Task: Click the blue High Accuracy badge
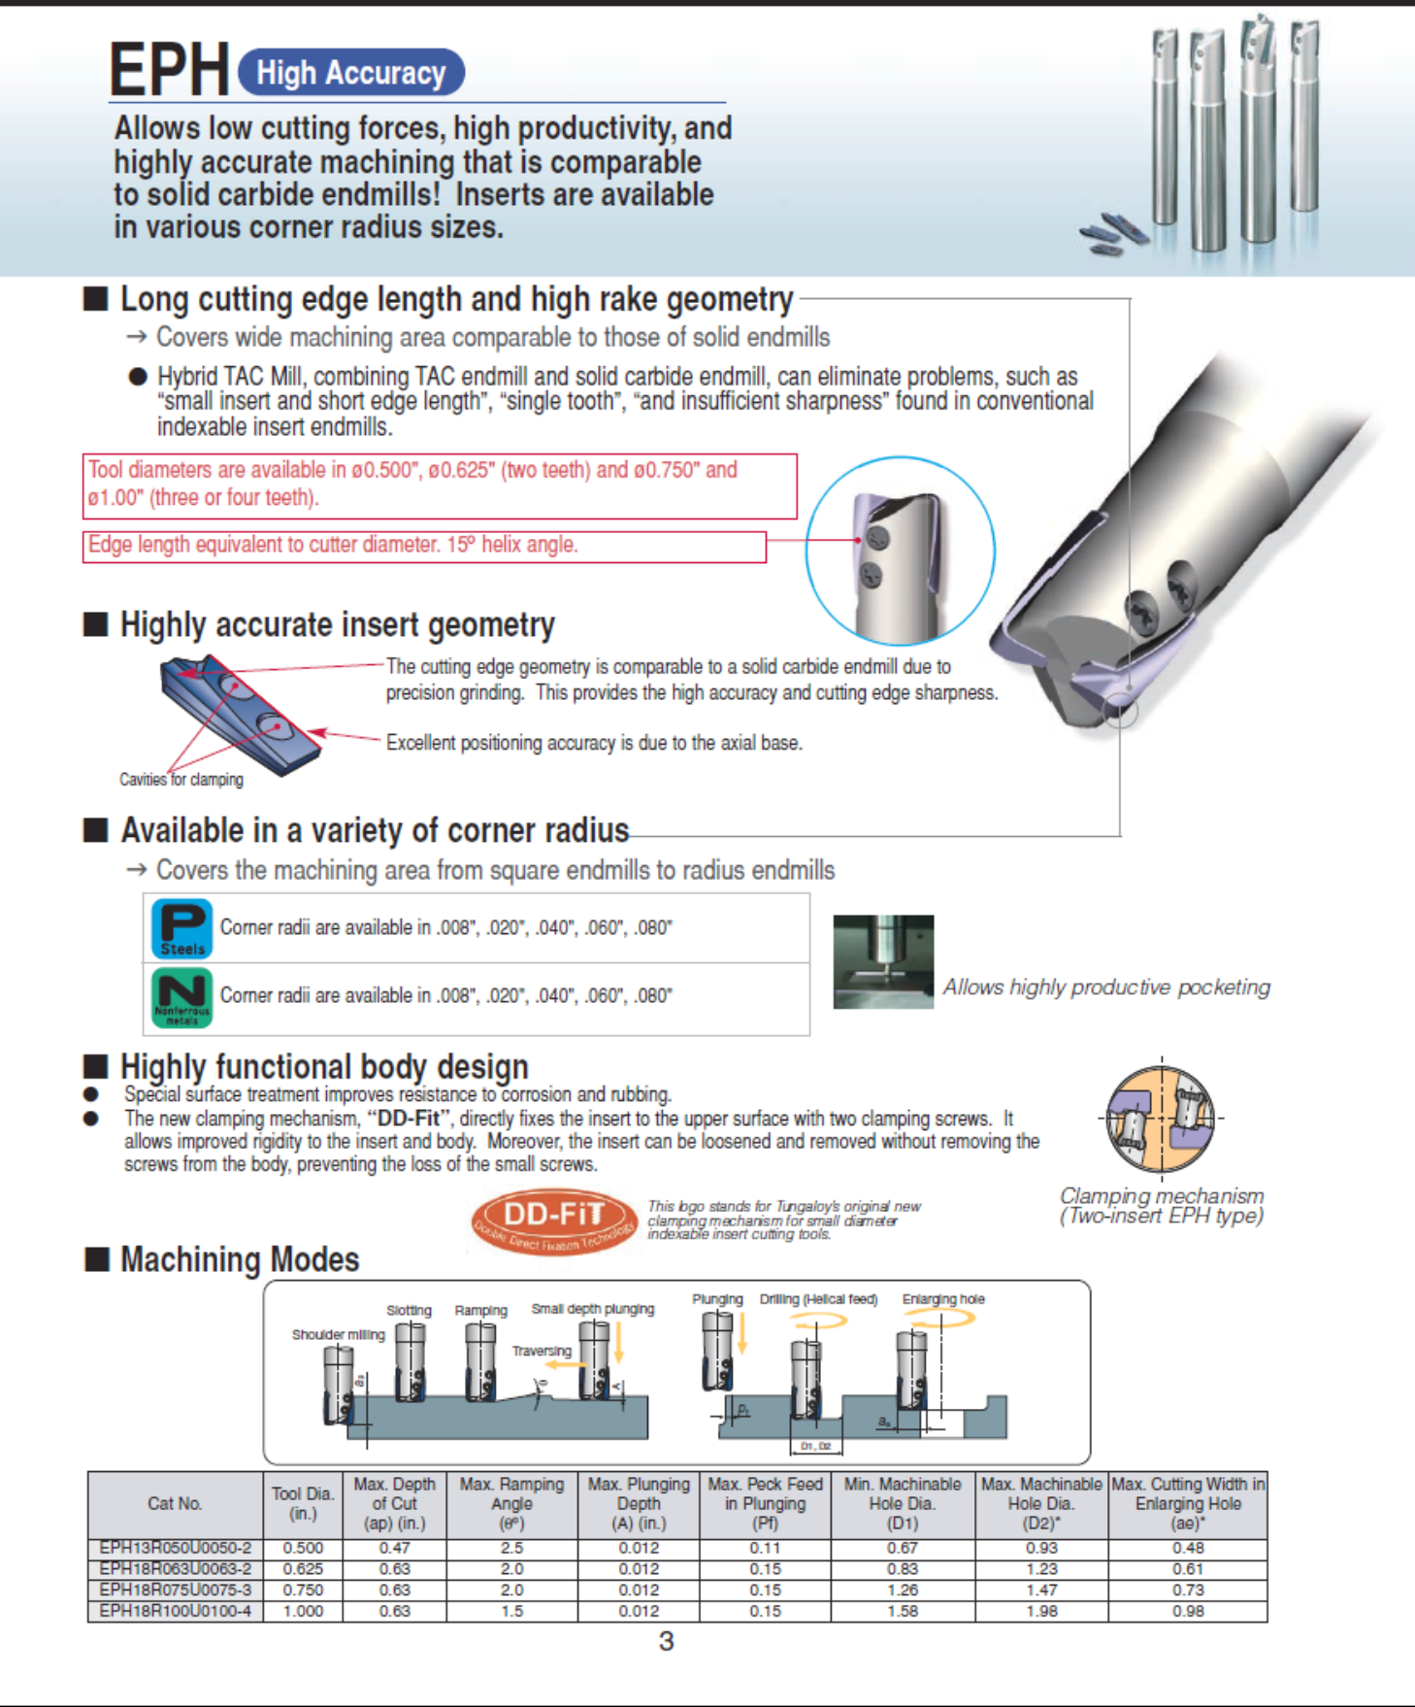click(350, 73)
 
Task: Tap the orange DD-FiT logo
click(553, 1220)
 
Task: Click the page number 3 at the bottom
click(666, 1641)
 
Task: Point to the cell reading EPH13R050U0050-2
click(176, 1548)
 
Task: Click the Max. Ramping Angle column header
click(511, 1504)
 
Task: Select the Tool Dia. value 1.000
click(303, 1611)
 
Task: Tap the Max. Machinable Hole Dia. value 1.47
click(1041, 1590)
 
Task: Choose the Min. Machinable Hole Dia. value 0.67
click(902, 1548)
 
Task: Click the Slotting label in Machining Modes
click(409, 1310)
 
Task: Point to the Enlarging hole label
click(943, 1299)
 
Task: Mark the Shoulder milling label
click(338, 1334)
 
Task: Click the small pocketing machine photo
click(883, 961)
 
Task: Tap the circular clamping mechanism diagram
click(1161, 1119)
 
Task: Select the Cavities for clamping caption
click(181, 779)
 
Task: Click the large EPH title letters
click(169, 70)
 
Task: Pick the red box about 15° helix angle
click(424, 546)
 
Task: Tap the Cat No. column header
click(176, 1504)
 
